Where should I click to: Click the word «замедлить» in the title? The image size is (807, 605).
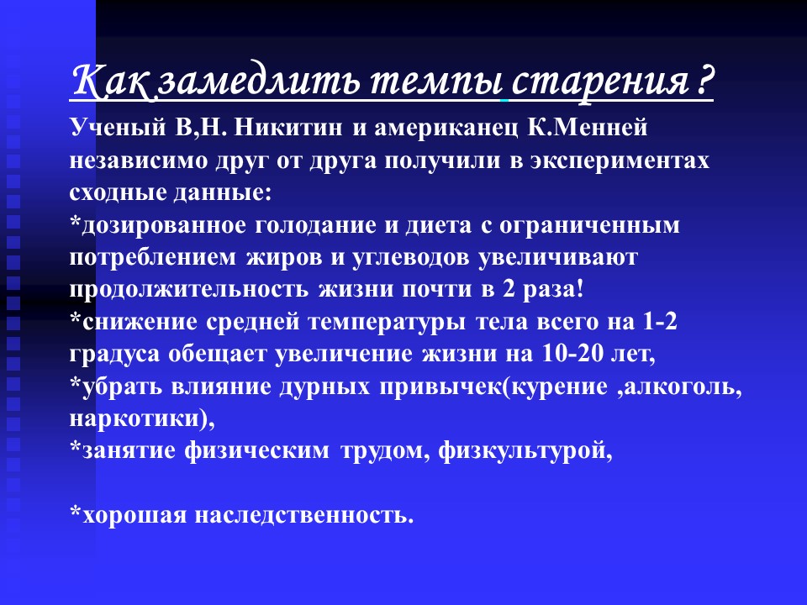260,81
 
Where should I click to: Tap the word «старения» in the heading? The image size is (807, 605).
599,82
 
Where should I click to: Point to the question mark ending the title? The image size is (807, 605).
705,81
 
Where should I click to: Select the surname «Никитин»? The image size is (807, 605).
287,127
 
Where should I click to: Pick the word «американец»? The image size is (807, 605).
446,129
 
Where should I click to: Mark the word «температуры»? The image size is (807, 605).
387,323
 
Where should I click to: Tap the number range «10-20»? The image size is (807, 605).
572,354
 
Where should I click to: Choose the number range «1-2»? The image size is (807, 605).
660,322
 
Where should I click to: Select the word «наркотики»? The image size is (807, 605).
134,418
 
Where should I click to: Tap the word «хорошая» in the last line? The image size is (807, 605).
134,515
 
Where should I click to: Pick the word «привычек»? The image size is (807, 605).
440,387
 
